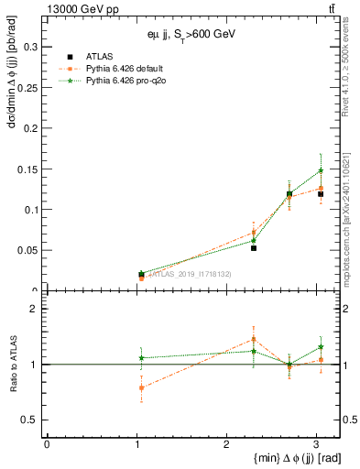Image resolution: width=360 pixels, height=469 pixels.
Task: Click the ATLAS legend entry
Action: tap(99, 56)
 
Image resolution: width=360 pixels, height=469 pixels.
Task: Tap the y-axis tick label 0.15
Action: tap(25, 169)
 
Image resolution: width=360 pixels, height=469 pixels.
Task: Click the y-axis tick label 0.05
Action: tap(25, 250)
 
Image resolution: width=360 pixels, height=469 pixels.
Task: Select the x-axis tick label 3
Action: tap(316, 444)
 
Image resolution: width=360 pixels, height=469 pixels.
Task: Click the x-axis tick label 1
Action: tap(136, 444)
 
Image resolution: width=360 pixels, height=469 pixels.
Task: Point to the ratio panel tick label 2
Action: tap(33, 310)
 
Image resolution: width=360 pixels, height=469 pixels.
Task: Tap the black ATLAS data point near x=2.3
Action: tap(254, 248)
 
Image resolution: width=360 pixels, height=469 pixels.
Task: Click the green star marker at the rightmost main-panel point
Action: tap(321, 170)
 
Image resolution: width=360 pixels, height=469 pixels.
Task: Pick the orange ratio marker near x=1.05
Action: tap(141, 387)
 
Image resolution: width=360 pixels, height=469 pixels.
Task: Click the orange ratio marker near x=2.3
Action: tap(254, 339)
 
